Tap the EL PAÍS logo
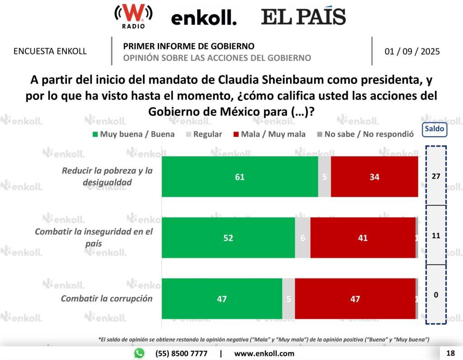[x=303, y=17]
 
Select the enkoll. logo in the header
[x=203, y=18]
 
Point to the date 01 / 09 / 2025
[x=412, y=51]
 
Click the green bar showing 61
[x=240, y=177]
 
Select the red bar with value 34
[x=374, y=177]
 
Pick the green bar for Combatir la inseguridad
[x=228, y=238]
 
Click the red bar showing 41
[x=363, y=238]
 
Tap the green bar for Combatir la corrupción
[x=222, y=299]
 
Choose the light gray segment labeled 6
[x=302, y=238]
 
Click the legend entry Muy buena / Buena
[x=133, y=134]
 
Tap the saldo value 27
[x=436, y=176]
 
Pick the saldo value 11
[x=436, y=236]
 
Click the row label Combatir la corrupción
[x=107, y=298]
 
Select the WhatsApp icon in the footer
[x=139, y=353]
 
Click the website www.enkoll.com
[x=264, y=353]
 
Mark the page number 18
[x=450, y=353]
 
